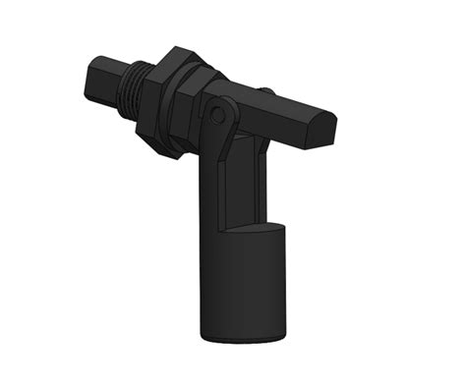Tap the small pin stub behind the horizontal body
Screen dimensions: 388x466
tap(265, 91)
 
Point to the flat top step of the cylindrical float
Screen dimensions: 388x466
tap(252, 227)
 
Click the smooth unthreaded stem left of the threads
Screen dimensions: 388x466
tap(103, 79)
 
